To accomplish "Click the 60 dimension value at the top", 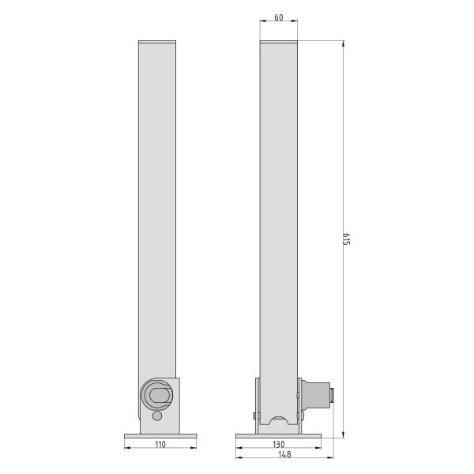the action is tap(279, 17).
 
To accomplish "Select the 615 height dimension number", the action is tap(347, 239).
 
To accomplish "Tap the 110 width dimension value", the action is tap(160, 444).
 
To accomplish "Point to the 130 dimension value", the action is tap(278, 444).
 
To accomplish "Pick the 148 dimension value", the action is tap(284, 454).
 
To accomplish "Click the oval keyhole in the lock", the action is tap(160, 396).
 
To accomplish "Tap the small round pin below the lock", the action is tap(157, 416).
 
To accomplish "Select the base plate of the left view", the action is tap(160, 436).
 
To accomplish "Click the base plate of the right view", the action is tap(278, 436).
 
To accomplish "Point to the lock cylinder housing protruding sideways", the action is tap(315, 396).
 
